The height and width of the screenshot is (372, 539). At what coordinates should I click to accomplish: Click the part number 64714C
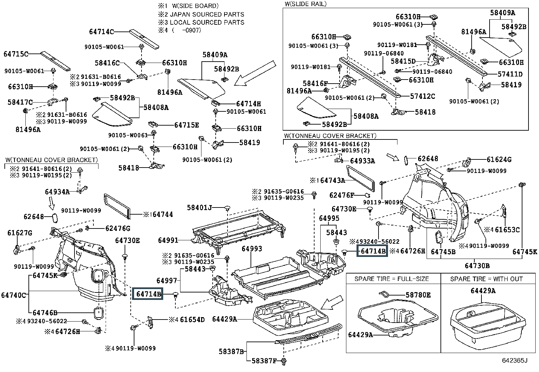point(101,32)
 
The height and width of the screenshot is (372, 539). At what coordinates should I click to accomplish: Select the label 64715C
point(16,54)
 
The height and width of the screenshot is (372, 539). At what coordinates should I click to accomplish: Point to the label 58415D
point(403,61)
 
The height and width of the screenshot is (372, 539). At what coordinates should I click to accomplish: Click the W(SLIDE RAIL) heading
point(305,4)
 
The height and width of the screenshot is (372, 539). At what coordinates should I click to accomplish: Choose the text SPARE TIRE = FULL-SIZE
point(391,279)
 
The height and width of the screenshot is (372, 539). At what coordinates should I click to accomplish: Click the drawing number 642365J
point(515,360)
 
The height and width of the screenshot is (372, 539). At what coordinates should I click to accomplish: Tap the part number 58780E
point(418,295)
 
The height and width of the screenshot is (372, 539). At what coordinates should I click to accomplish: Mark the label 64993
point(252,249)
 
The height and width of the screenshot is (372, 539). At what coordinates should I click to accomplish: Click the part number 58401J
point(199,207)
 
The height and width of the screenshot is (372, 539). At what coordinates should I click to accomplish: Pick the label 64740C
point(14,295)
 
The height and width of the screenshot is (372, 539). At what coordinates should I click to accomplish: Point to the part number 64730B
point(477,266)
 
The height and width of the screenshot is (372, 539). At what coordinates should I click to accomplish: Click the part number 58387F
point(264,361)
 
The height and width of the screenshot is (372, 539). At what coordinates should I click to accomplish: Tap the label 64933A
point(362,161)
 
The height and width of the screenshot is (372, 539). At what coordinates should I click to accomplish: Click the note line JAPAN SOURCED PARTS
point(207,14)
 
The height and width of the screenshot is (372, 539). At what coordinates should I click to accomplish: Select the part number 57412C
point(422,96)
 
